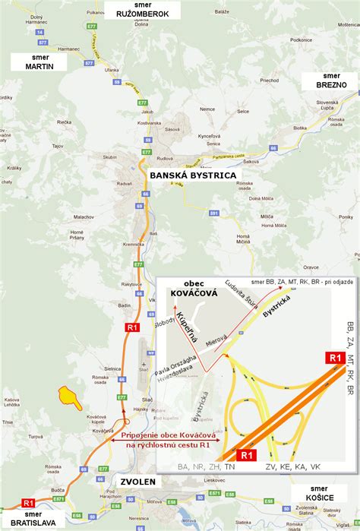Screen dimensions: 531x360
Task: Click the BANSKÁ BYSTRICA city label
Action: click(193, 175)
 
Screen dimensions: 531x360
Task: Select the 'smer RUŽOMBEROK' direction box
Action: click(144, 9)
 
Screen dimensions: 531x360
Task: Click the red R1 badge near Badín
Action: click(132, 327)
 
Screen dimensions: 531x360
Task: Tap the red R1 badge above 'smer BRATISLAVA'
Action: click(28, 503)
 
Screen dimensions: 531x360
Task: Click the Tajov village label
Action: click(35, 145)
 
